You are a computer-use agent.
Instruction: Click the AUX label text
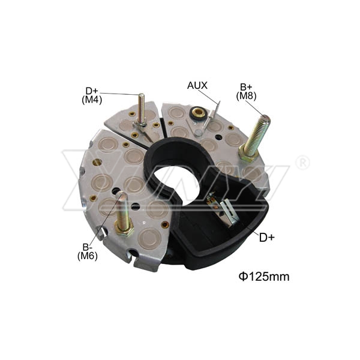(197, 85)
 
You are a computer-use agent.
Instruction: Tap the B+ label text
(246, 87)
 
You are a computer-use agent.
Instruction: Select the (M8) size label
(246, 96)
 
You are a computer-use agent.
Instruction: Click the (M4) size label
(92, 100)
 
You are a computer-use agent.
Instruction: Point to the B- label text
(88, 247)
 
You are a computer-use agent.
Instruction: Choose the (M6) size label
(88, 256)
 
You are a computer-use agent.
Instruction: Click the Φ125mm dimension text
(264, 277)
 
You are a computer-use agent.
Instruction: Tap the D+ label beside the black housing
(267, 238)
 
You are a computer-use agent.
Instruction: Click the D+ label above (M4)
(92, 91)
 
